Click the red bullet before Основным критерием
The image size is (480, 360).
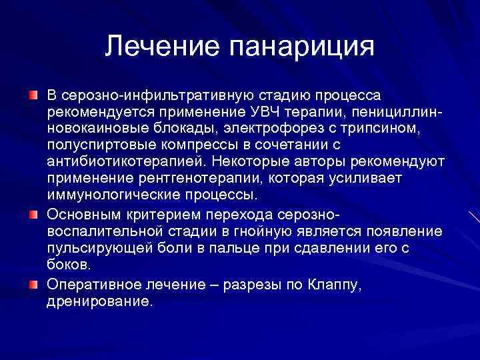pos(33,215)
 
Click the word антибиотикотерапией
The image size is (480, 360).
pos(124,161)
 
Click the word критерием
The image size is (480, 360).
pos(171,215)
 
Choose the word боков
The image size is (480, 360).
pos(69,265)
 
